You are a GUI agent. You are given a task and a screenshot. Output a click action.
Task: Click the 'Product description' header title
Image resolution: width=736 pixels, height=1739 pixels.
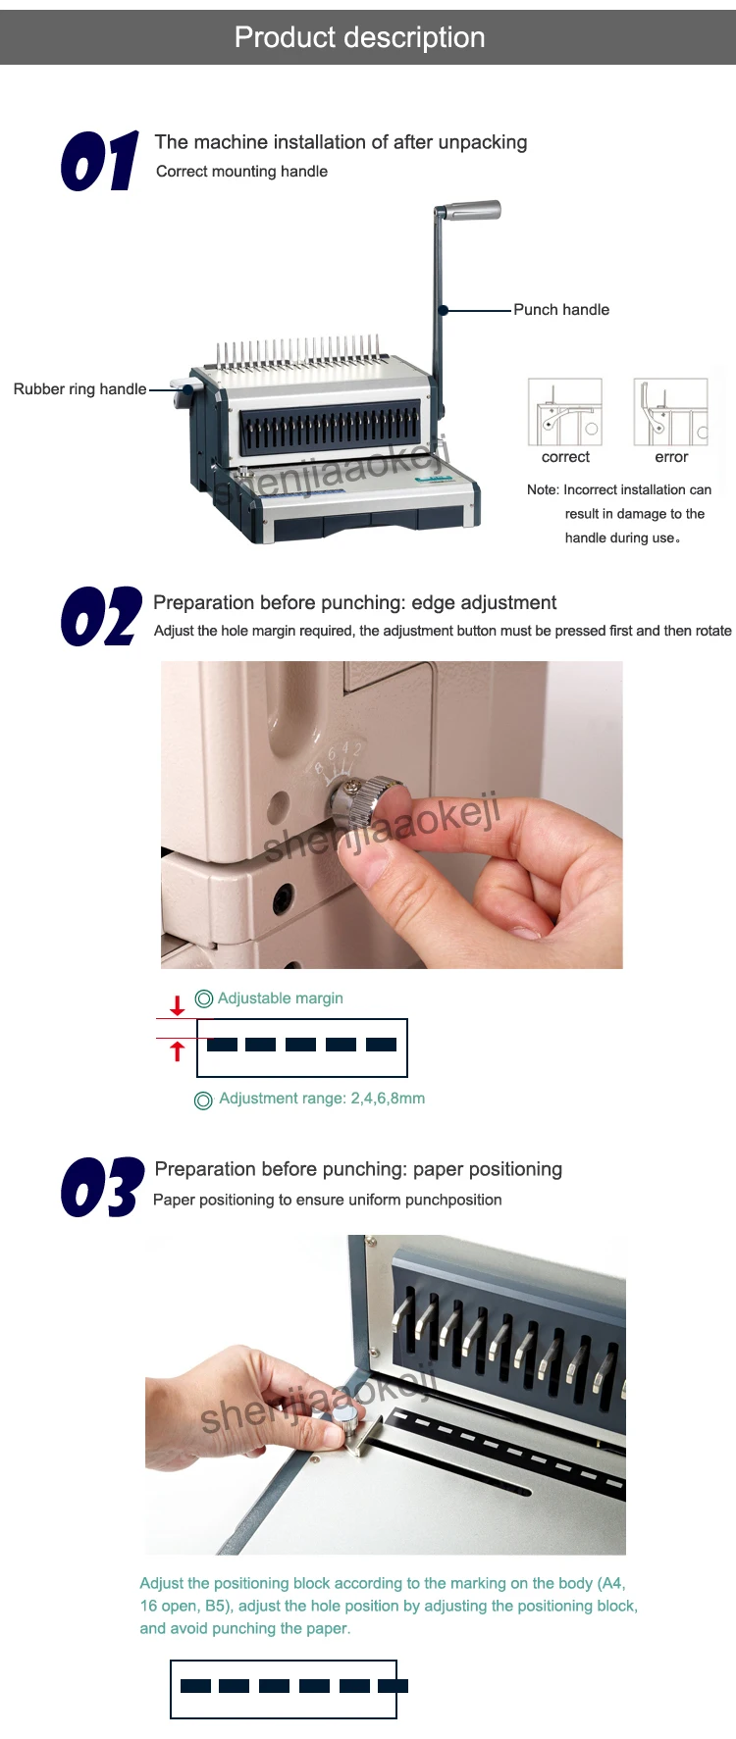click(360, 37)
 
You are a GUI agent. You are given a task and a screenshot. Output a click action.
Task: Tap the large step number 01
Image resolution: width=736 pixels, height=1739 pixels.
click(100, 162)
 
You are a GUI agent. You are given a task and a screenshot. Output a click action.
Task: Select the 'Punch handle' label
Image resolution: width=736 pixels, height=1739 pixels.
click(561, 310)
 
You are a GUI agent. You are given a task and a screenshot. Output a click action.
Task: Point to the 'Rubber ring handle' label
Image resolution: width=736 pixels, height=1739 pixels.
click(80, 389)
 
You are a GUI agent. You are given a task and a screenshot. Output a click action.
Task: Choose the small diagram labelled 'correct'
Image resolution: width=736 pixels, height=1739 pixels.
click(565, 412)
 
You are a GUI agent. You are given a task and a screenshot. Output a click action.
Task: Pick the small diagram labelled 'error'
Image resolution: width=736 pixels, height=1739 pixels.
click(671, 412)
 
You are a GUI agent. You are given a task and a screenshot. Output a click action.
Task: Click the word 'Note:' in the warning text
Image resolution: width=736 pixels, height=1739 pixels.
click(543, 489)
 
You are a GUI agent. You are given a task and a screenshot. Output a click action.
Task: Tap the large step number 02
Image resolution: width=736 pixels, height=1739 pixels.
click(101, 618)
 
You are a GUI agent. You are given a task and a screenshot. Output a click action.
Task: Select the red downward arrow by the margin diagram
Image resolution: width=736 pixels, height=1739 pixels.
click(178, 1005)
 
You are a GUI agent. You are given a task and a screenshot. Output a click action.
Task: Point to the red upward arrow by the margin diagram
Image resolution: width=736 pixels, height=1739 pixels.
click(178, 1051)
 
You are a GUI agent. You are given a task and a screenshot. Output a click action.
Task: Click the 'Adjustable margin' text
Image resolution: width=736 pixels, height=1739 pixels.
click(281, 998)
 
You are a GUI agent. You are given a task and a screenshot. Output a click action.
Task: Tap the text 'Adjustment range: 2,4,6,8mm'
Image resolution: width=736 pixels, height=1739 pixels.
click(322, 1099)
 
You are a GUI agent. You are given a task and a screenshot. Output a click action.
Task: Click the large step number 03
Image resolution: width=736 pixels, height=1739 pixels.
click(102, 1188)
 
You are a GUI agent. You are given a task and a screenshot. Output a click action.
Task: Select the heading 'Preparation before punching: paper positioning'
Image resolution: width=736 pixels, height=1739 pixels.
click(358, 1169)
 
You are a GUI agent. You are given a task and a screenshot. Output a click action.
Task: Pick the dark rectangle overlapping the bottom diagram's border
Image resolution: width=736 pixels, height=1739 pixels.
click(394, 1686)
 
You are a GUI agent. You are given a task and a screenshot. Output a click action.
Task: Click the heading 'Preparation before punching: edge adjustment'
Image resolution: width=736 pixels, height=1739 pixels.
click(354, 602)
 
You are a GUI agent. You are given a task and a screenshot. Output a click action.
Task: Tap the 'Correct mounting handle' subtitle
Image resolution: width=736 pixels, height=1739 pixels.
click(241, 172)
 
